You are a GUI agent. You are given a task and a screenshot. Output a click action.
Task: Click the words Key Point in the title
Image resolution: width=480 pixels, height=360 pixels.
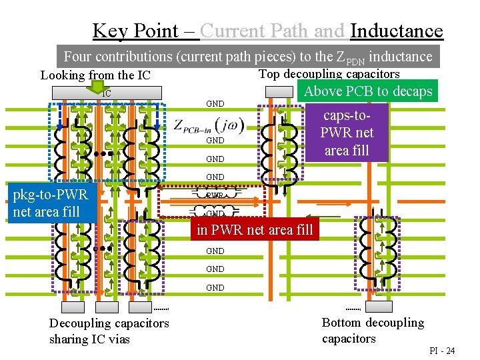point(136,31)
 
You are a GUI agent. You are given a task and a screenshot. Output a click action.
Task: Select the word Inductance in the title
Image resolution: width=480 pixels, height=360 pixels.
point(396,31)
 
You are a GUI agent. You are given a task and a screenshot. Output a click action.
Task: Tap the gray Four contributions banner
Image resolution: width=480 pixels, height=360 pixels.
point(248,57)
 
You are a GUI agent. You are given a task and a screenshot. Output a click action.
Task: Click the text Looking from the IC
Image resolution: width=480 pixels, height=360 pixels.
point(95,75)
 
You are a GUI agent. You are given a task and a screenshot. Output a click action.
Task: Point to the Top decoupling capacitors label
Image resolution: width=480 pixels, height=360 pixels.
point(329,74)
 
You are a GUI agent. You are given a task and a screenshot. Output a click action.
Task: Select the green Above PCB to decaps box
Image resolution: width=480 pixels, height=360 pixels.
point(367,91)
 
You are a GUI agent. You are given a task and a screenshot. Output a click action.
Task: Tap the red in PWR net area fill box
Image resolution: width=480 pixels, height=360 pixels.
point(254,231)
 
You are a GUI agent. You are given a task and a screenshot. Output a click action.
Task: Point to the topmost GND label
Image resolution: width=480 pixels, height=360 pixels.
point(215,104)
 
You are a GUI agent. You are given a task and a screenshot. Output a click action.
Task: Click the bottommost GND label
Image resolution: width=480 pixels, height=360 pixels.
point(215,288)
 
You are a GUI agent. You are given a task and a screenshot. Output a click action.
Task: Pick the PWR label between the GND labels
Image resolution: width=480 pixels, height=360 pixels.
point(214,196)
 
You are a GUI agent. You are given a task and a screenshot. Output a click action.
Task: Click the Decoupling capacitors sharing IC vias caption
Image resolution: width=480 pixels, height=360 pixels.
point(109,331)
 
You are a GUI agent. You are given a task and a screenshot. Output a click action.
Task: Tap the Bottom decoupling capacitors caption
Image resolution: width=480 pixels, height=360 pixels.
point(373,331)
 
